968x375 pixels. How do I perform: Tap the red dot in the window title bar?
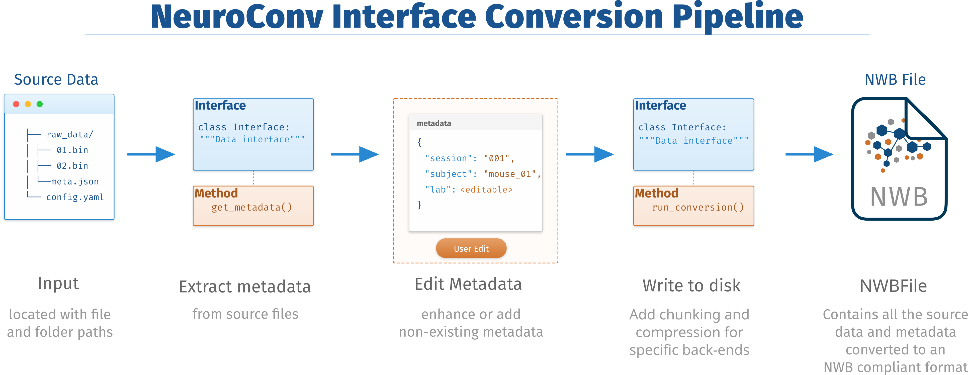[x=16, y=104]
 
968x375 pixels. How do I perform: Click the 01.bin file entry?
[x=72, y=150]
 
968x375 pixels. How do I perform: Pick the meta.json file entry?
[x=75, y=181]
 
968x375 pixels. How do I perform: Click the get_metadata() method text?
[x=251, y=207]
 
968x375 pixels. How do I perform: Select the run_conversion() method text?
[x=698, y=207]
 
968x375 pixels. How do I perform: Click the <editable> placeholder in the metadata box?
[x=486, y=190]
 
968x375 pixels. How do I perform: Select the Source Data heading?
[x=56, y=80]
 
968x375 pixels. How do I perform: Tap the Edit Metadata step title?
[x=468, y=284]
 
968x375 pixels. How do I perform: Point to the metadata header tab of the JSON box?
[x=434, y=123]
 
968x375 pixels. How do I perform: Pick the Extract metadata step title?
[x=245, y=287]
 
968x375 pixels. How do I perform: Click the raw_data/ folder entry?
[x=69, y=135]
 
